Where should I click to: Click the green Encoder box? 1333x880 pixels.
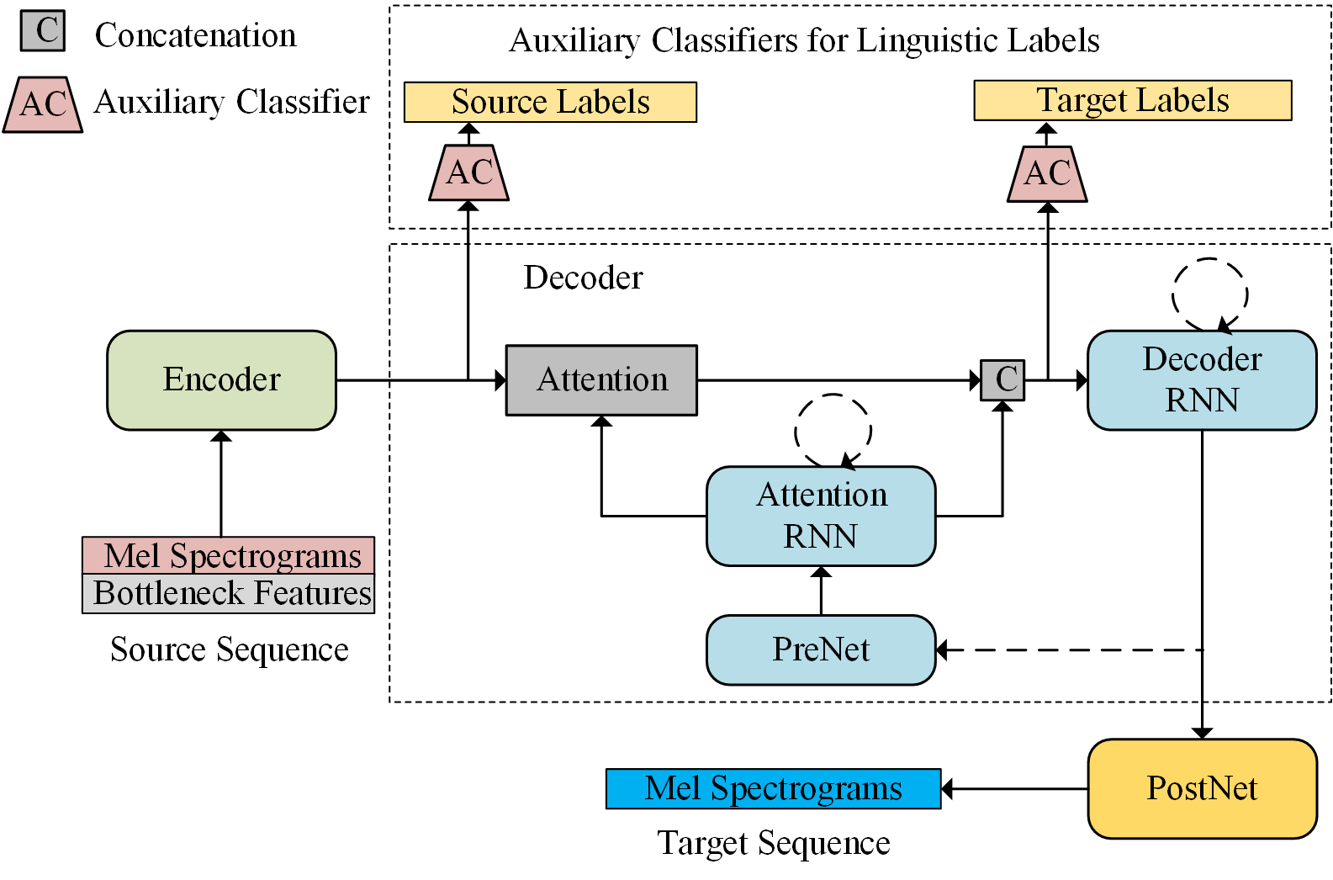pos(221,380)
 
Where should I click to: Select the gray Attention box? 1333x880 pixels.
pos(601,380)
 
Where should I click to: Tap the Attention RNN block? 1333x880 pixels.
pos(821,516)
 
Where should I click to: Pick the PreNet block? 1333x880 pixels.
pos(821,649)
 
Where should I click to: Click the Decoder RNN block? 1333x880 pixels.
pos(1202,380)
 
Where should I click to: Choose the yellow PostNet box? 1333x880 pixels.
pos(1202,788)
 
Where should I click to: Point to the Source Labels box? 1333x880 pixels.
pos(550,102)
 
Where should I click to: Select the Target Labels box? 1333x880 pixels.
pos(1132,100)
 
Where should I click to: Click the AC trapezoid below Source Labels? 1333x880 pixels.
pos(469,172)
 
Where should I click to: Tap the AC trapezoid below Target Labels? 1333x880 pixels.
pos(1047,173)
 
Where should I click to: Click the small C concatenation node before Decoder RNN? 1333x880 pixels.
pos(1002,380)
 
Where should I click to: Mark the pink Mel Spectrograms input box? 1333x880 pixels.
pos(229,555)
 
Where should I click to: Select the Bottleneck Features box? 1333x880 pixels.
pos(229,594)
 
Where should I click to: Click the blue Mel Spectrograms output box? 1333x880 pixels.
pos(773,788)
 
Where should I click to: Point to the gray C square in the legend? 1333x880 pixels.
pos(43,30)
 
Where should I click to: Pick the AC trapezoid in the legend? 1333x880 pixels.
pos(43,104)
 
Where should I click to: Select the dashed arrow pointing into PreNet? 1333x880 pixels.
pos(1068,649)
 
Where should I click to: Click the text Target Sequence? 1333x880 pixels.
pos(773,843)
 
